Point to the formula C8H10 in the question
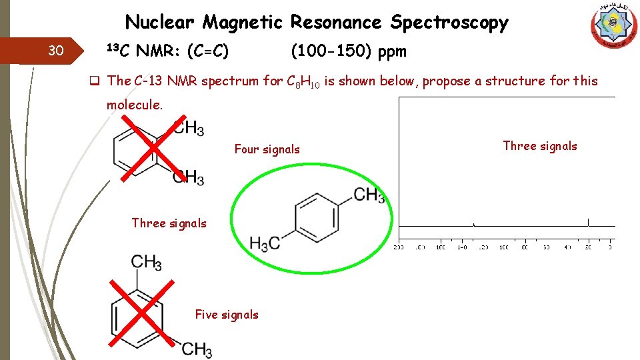303,82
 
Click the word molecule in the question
133,105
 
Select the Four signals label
267,149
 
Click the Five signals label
226,314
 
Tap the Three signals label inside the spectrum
539,146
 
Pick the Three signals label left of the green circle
169,223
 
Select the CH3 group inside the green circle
369,195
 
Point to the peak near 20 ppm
589,222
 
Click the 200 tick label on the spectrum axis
399,247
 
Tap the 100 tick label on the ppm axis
503,247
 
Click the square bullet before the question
95,81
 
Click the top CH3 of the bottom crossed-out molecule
147,261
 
